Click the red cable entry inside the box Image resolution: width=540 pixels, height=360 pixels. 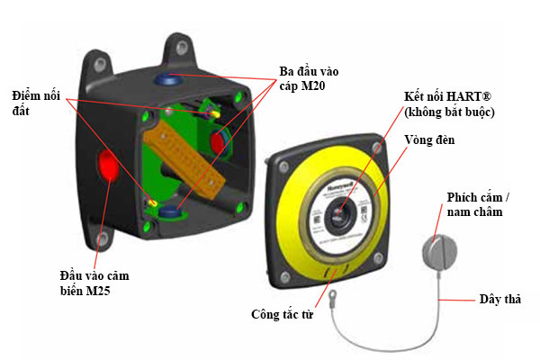click(219, 143)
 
